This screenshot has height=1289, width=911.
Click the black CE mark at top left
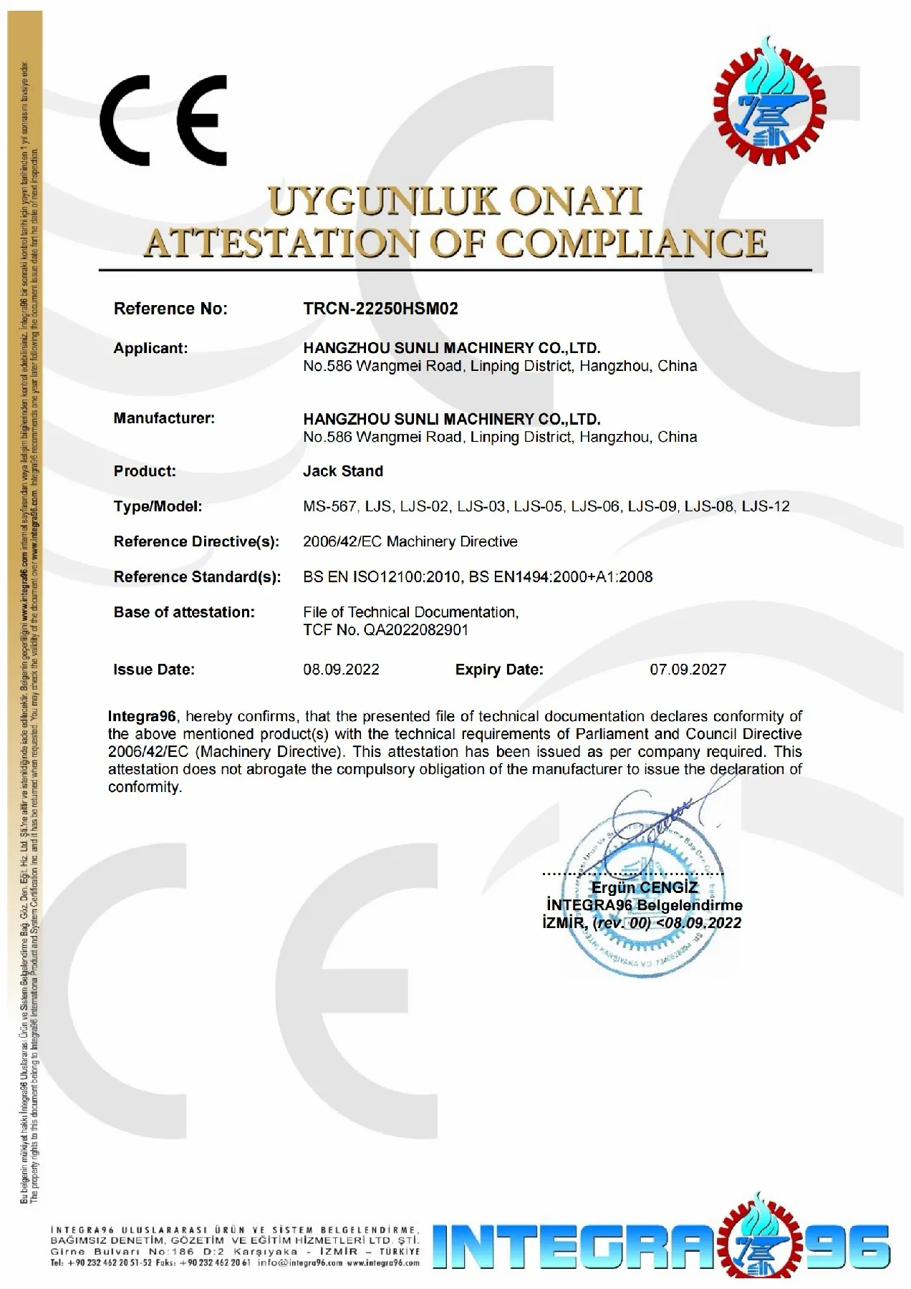coord(163,121)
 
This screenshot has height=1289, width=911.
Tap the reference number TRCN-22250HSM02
coord(380,309)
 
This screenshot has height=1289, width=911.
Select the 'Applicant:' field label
coord(150,349)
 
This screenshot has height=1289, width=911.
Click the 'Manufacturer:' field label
coord(164,418)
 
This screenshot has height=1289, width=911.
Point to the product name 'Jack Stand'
coord(343,471)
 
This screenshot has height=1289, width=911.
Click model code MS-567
coord(329,506)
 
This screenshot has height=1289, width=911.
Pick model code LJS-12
coord(766,506)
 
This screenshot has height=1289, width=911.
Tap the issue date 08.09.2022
coord(341,670)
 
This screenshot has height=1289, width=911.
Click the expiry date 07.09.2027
coord(688,670)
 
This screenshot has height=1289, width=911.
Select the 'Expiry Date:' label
coord(499,670)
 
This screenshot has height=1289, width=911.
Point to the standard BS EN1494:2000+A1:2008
coord(561,577)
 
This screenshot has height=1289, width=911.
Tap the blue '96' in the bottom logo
coord(855,1247)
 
